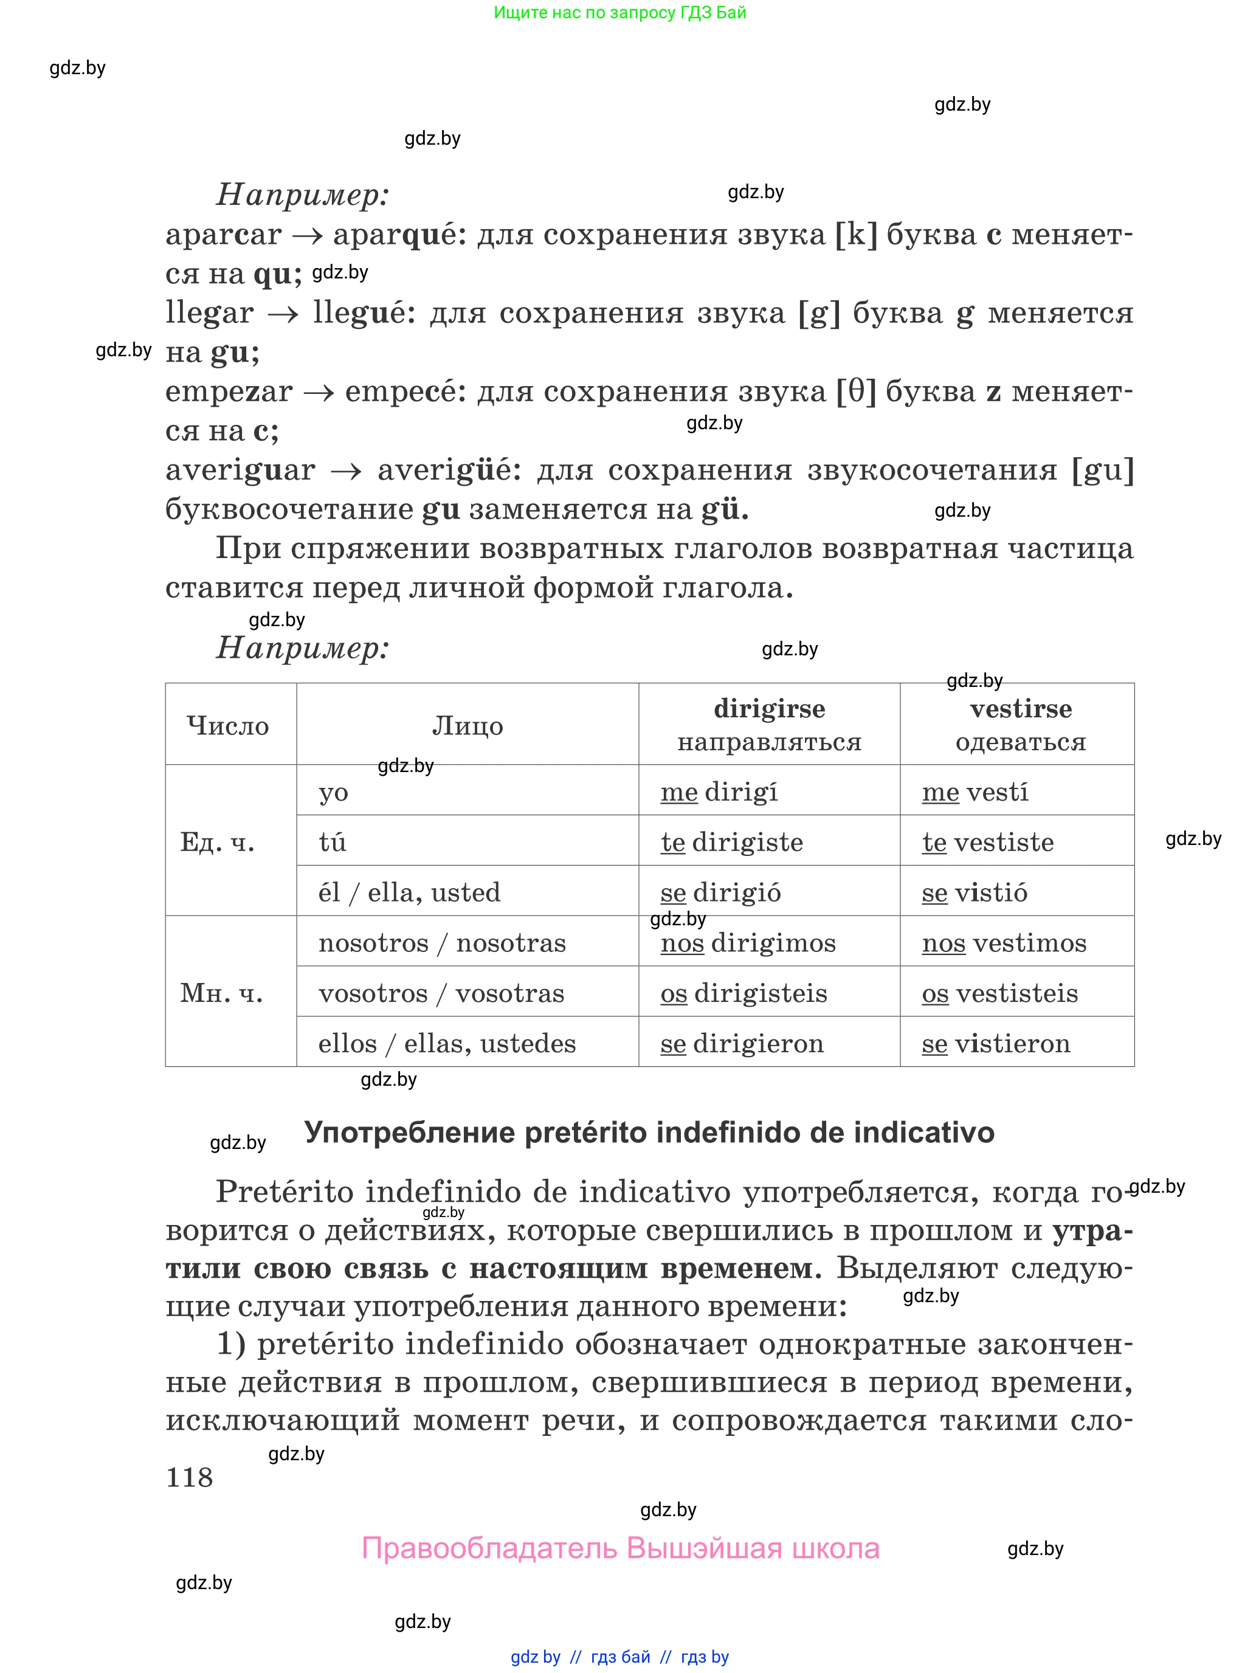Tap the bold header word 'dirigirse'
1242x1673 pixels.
pyautogui.click(x=769, y=708)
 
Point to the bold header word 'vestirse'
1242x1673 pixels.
pyautogui.click(x=1020, y=708)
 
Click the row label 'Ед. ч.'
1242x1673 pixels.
pyautogui.click(x=217, y=842)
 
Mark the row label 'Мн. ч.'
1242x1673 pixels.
pyautogui.click(x=221, y=993)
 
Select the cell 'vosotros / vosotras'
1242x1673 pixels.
pyautogui.click(x=441, y=993)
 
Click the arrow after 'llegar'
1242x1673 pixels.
pyautogui.click(x=283, y=314)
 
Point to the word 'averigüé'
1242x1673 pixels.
pyautogui.click(x=449, y=471)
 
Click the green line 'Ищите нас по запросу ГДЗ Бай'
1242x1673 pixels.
pyautogui.click(x=619, y=13)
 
